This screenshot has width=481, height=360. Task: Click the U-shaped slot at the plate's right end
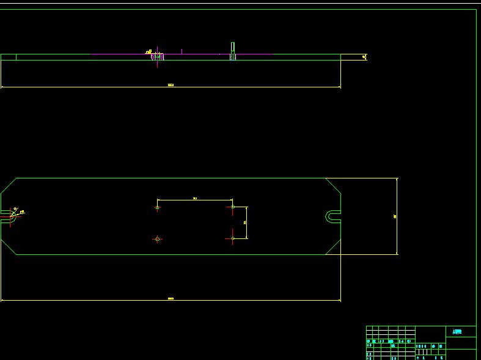point(332,216)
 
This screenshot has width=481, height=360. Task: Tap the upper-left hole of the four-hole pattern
point(158,208)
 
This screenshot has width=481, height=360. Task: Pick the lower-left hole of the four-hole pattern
point(158,239)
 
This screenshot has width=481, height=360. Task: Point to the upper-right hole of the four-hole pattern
point(233,207)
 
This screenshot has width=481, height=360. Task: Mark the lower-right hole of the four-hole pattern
point(233,238)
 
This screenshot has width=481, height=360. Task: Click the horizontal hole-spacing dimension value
point(195,198)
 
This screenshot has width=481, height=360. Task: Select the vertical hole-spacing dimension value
point(245,222)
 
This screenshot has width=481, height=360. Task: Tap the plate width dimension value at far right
point(395,216)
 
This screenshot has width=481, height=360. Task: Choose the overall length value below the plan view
point(171,299)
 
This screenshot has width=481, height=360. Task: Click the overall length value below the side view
point(171,85)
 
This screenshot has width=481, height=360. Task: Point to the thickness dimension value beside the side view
point(364,57)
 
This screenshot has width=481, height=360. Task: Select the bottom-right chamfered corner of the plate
point(333,247)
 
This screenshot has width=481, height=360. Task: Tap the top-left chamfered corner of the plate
point(9,185)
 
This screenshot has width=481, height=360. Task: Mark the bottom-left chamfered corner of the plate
point(8,248)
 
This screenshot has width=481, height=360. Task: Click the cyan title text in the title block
point(457,332)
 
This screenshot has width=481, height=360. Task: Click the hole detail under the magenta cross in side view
point(158,57)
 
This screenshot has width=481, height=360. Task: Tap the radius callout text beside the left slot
point(21,213)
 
